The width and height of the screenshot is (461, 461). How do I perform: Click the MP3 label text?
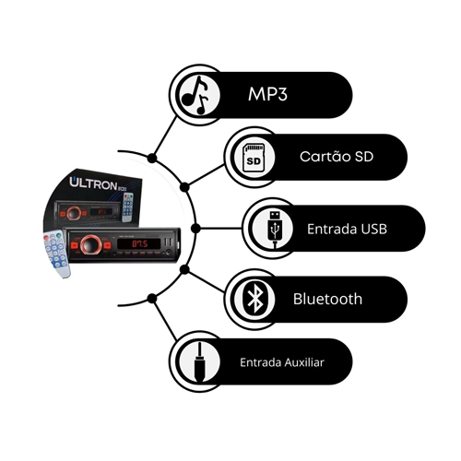point(267,94)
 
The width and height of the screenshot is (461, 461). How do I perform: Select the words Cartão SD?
point(337,156)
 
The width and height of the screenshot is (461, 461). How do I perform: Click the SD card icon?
point(254,158)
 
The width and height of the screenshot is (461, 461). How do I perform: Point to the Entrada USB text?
point(347,229)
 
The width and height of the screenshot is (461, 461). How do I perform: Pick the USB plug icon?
point(275,229)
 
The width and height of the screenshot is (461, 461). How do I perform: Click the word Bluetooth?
point(327,299)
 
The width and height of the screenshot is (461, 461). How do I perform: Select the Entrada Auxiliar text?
point(282,362)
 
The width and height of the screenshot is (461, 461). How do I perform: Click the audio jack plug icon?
point(199,362)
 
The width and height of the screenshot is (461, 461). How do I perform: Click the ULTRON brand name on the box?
point(93,183)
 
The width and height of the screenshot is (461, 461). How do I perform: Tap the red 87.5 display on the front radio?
point(140,244)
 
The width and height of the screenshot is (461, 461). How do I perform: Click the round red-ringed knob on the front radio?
point(91,245)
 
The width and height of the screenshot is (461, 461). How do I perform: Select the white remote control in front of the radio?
point(57,254)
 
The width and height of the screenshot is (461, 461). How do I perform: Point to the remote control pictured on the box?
point(128,207)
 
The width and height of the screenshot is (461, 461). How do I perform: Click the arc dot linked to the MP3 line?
point(152,159)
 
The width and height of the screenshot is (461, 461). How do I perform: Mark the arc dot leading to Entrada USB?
point(195,229)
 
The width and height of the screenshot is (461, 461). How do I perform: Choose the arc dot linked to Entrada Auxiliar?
point(152,298)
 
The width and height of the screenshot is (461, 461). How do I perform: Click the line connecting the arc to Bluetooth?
point(205,281)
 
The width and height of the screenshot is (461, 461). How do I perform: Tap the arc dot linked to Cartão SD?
point(184,187)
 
